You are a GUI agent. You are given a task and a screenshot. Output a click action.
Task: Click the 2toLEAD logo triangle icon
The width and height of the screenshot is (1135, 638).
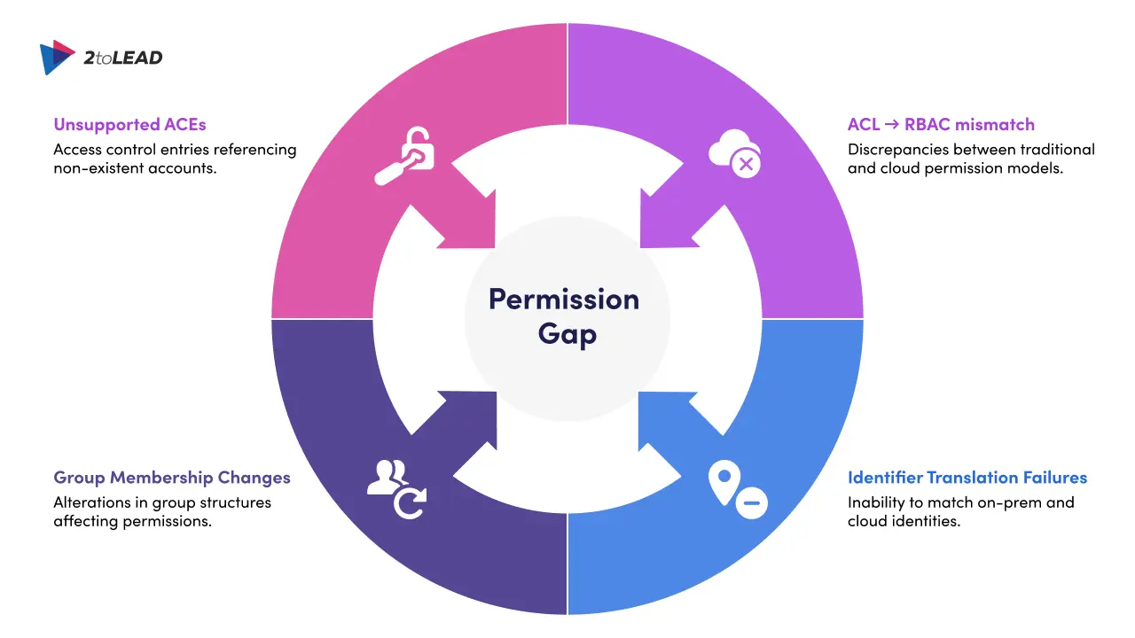click(58, 57)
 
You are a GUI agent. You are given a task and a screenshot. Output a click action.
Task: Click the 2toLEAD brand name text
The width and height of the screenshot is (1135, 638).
click(123, 58)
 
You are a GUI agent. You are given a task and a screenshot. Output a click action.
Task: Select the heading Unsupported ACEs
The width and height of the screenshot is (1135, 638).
click(129, 124)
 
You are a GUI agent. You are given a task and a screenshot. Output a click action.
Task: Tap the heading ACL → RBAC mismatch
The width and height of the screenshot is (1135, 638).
click(941, 124)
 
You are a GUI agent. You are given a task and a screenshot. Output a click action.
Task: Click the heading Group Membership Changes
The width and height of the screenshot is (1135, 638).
click(172, 478)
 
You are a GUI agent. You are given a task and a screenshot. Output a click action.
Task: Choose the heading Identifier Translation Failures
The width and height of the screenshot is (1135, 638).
click(967, 478)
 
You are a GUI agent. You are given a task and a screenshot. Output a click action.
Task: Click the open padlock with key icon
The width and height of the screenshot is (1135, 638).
click(405, 157)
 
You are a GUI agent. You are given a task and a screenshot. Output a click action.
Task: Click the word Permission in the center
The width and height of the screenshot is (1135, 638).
click(564, 299)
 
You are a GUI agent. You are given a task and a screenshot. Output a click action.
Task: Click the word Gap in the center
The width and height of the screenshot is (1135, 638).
click(567, 335)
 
